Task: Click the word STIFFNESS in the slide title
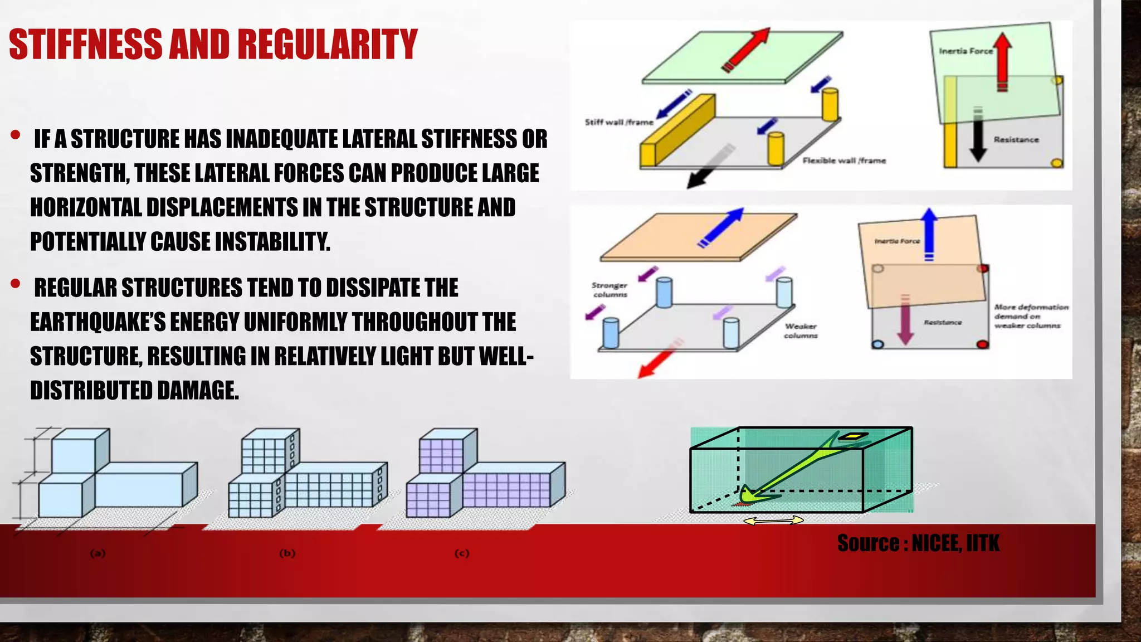(x=86, y=45)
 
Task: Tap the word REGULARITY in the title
(x=328, y=45)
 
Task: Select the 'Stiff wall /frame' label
(x=619, y=122)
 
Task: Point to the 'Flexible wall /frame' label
(x=844, y=160)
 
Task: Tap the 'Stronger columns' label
(x=610, y=290)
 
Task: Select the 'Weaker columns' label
(x=801, y=330)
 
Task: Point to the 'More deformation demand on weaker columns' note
(x=1031, y=316)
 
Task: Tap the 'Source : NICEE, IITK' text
(x=918, y=543)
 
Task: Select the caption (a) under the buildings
(x=98, y=553)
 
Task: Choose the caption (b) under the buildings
(x=287, y=553)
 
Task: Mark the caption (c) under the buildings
(x=462, y=553)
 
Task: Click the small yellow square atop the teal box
(x=852, y=437)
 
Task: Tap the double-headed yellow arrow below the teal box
(x=773, y=521)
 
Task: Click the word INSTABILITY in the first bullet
(x=272, y=242)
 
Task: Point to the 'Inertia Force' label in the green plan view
(x=966, y=51)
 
